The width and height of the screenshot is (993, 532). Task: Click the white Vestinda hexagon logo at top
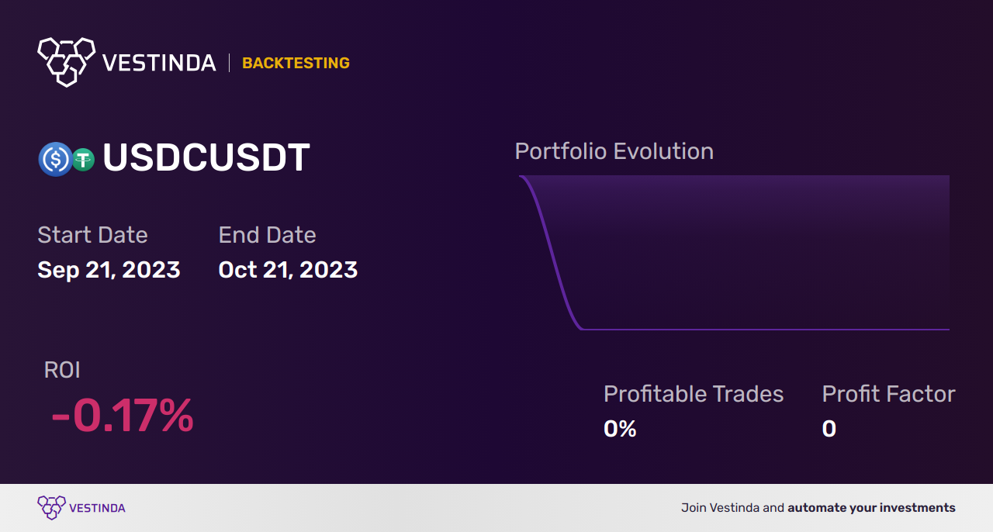click(x=67, y=62)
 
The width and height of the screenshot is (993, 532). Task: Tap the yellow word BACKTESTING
click(x=296, y=63)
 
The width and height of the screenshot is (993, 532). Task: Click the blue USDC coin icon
click(x=55, y=159)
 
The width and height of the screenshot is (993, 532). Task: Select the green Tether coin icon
click(x=83, y=159)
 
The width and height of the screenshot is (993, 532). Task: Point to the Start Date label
click(x=92, y=235)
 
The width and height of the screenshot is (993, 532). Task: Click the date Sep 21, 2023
click(x=109, y=270)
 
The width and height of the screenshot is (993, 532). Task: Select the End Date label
click(x=268, y=235)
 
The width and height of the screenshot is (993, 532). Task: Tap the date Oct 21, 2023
click(x=288, y=270)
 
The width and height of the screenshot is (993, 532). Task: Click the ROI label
click(x=62, y=370)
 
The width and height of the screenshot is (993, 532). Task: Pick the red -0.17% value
click(x=123, y=416)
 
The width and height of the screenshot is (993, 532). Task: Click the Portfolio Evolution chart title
click(x=614, y=152)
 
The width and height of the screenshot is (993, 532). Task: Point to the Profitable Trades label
click(x=694, y=394)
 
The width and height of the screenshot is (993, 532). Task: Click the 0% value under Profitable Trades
click(x=620, y=429)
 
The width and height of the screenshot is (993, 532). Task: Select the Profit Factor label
click(x=889, y=394)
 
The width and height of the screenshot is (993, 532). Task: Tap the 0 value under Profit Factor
click(x=829, y=429)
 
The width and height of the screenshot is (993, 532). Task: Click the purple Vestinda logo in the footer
click(x=81, y=508)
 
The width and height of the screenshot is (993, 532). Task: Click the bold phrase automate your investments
click(x=871, y=508)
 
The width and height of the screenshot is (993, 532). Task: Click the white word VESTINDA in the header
click(x=159, y=63)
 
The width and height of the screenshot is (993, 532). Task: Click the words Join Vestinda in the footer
click(x=721, y=508)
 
